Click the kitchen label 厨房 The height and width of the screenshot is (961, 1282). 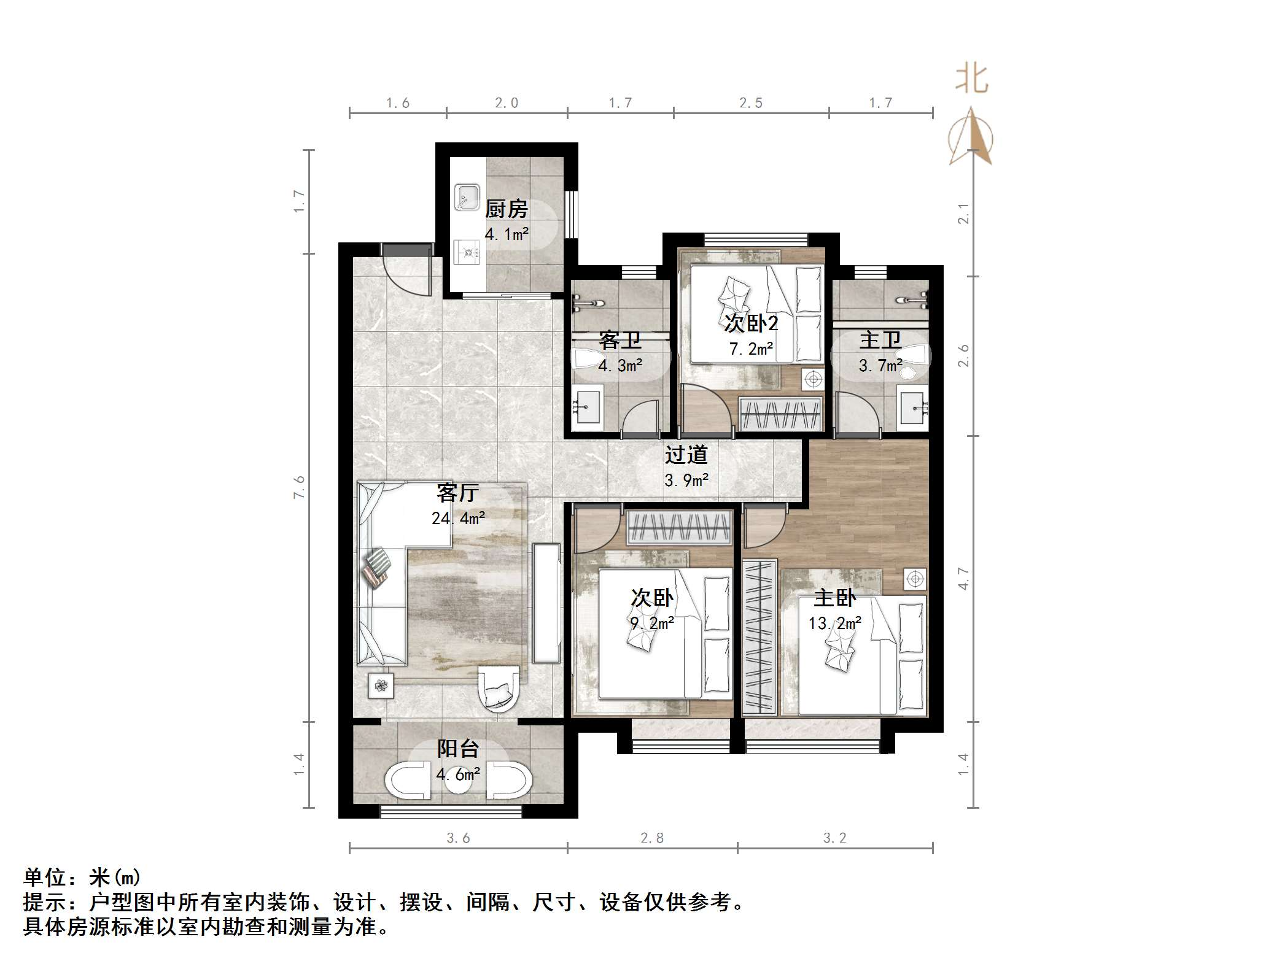pyautogui.click(x=506, y=209)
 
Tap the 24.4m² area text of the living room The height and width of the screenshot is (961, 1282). pyautogui.click(x=458, y=519)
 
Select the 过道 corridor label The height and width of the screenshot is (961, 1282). pyautogui.click(x=686, y=455)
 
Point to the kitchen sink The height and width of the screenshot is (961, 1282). pyautogui.click(x=467, y=197)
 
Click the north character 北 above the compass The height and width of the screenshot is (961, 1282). pyautogui.click(x=971, y=80)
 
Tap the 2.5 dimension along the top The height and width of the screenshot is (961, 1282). pyautogui.click(x=751, y=103)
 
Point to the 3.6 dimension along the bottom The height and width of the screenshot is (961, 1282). pyautogui.click(x=458, y=838)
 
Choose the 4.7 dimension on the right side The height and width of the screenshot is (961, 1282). pyautogui.click(x=963, y=579)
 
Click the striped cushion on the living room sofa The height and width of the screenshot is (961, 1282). pyautogui.click(x=377, y=567)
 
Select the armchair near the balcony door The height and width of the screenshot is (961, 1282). pyautogui.click(x=498, y=688)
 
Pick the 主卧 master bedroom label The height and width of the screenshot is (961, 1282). pyautogui.click(x=834, y=598)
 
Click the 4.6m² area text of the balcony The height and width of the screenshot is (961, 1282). pyautogui.click(x=458, y=774)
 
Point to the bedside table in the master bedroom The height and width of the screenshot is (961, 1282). pyautogui.click(x=915, y=579)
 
